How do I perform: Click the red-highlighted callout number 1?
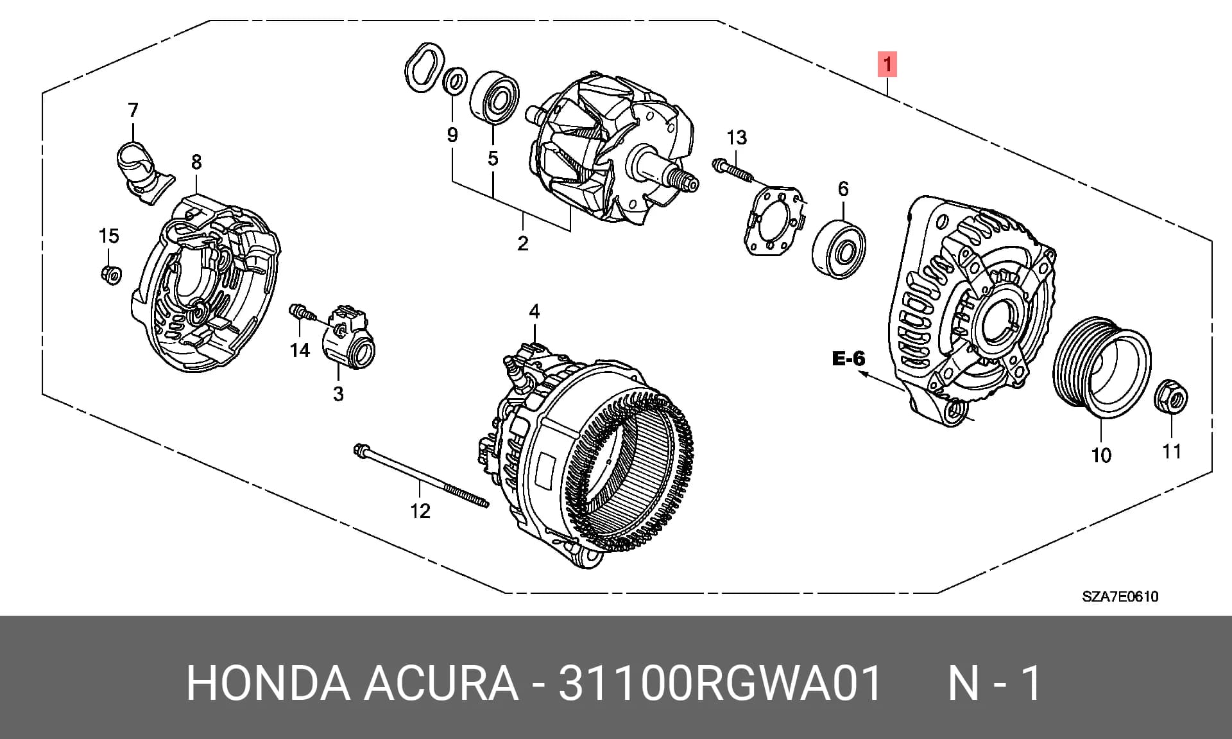(x=887, y=65)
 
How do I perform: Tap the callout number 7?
(x=133, y=110)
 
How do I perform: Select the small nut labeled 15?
(x=111, y=275)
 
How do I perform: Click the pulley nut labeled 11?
(x=1171, y=397)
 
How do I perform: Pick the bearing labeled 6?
(x=839, y=250)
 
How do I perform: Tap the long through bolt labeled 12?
(x=421, y=476)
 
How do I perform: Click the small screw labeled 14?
(x=302, y=313)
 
